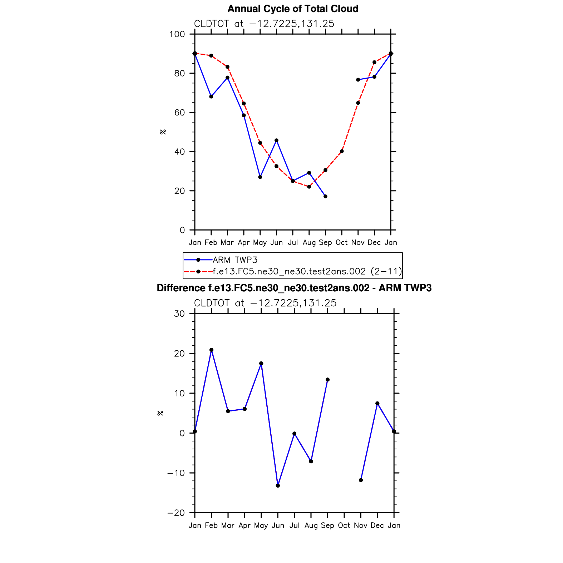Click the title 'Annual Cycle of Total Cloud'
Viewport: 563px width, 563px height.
point(293,9)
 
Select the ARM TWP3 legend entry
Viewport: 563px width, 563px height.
point(235,260)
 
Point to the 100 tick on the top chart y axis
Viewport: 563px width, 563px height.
point(177,34)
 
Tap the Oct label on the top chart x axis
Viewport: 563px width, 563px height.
point(341,243)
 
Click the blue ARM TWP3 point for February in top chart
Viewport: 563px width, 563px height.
point(211,97)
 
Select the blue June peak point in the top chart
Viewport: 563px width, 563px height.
point(276,140)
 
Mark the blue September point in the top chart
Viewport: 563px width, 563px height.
point(325,196)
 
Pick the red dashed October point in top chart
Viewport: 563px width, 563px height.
point(342,151)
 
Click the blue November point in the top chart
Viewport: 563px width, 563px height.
point(358,80)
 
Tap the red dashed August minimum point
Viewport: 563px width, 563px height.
point(309,187)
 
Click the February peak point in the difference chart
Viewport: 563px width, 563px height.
point(211,350)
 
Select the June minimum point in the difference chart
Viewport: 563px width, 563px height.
point(278,485)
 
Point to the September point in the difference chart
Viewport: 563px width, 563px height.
point(327,380)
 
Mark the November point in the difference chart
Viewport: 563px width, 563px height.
point(361,480)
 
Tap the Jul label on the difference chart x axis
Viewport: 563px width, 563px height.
point(294,525)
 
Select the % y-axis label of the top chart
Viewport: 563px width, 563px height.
point(163,132)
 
